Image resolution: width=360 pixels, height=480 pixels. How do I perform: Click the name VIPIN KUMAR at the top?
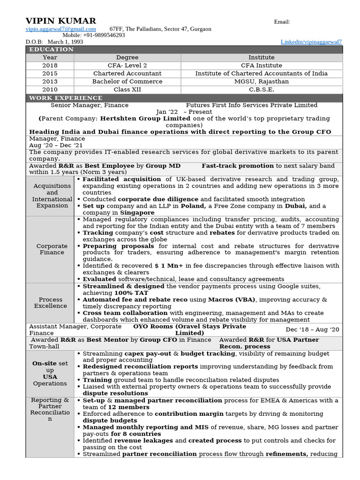pos(60,21)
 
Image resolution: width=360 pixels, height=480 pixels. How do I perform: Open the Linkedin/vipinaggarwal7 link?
pos(311,42)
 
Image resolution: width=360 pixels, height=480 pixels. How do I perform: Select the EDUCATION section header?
pos(52,50)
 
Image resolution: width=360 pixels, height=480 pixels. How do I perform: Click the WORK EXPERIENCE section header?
pos(66,98)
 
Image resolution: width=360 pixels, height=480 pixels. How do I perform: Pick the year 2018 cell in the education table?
pos(50,66)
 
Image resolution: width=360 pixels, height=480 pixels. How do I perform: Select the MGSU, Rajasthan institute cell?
pos(262,82)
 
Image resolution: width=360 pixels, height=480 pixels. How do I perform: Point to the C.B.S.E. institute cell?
pos(262,90)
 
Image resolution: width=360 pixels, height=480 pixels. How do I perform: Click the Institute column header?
pos(262,58)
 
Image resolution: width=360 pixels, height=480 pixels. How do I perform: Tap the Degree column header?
pos(127,58)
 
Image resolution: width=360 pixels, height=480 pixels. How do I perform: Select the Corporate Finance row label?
pos(52,249)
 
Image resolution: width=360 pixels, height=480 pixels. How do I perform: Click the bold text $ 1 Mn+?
pos(169,266)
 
